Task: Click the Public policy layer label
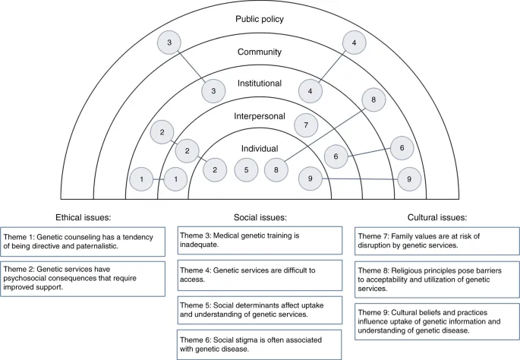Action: [x=260, y=19]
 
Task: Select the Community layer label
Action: [x=260, y=52]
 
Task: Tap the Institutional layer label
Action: [x=260, y=84]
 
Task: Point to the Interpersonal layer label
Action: [x=260, y=116]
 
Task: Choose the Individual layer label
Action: [x=260, y=148]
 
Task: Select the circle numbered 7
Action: [x=305, y=124]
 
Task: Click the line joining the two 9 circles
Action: [x=361, y=178]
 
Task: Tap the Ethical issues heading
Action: [x=84, y=216]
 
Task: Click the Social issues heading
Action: [x=259, y=216]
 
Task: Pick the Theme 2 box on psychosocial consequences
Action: [x=84, y=274]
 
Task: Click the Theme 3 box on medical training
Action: [x=259, y=241]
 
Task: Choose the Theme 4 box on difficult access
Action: [x=259, y=274]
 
